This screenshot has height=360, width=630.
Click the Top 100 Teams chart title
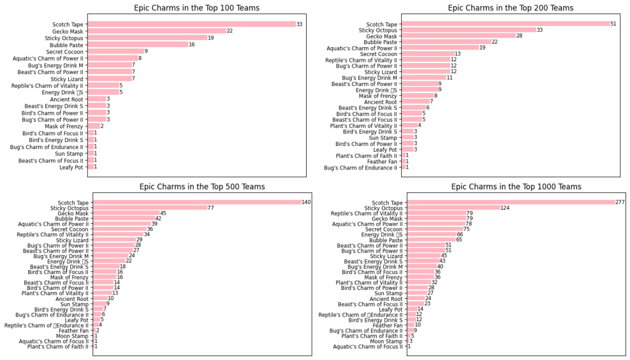[x=196, y=8]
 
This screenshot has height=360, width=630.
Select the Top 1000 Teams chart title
[x=516, y=187]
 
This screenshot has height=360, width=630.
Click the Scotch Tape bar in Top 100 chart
[x=192, y=24]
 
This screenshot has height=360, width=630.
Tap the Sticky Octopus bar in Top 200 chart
[x=469, y=30]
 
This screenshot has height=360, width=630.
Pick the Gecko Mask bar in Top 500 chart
[x=126, y=213]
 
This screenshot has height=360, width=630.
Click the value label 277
[x=620, y=202]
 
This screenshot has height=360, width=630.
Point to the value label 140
[x=306, y=202]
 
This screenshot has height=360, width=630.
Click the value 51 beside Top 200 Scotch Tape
[x=613, y=24]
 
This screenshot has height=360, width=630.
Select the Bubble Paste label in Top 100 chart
[x=66, y=45]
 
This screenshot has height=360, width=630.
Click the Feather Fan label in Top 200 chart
[x=382, y=162]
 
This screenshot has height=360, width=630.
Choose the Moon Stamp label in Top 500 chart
[x=72, y=336]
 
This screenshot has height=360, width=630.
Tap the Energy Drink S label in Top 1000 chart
[x=382, y=234]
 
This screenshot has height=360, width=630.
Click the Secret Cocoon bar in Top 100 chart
[x=116, y=52]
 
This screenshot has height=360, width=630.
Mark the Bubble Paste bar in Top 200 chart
[x=446, y=42]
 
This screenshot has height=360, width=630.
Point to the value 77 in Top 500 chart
[x=211, y=208]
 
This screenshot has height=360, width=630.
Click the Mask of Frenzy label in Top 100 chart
[x=64, y=126]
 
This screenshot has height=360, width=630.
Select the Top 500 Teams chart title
[x=202, y=187]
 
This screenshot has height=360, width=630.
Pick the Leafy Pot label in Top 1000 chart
[x=390, y=310]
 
